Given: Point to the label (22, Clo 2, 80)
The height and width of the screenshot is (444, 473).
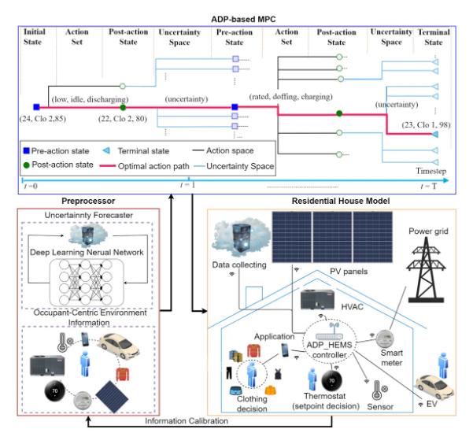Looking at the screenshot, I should pos(122,117).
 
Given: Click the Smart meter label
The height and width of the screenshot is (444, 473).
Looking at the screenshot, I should pos(390,359).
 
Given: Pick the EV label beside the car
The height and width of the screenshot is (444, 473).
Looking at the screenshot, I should pos(432,404).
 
